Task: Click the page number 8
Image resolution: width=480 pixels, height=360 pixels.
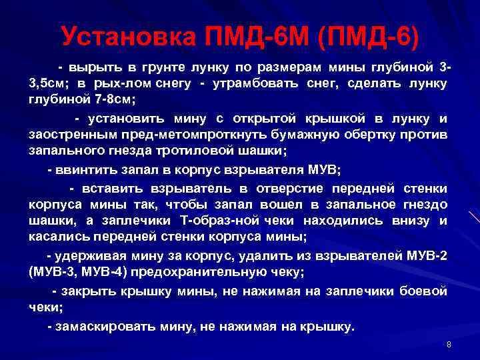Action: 449,345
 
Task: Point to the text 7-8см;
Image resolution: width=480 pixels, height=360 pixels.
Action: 113,99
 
